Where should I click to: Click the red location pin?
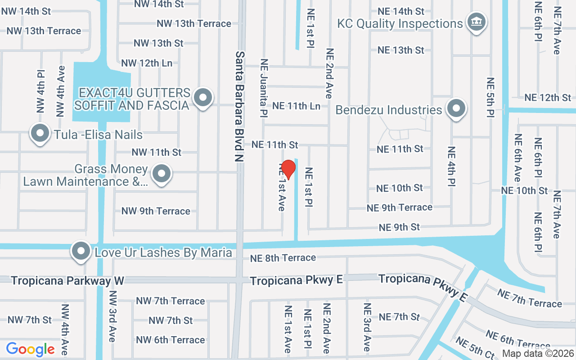[288, 169]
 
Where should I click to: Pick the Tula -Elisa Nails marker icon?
[40, 134]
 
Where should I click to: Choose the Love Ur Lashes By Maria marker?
[81, 252]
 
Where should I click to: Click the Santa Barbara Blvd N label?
[240, 106]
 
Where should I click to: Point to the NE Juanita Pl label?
[264, 89]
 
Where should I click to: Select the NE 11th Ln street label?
[297, 106]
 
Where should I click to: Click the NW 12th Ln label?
[147, 63]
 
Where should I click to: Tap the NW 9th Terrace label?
[156, 211]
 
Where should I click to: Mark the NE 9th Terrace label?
[399, 207]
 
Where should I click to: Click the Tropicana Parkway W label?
[67, 281]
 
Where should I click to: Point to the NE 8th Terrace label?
[283, 258]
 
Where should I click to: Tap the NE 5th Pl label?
[490, 98]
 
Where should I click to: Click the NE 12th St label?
[548, 97]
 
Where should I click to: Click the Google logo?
[30, 349]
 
